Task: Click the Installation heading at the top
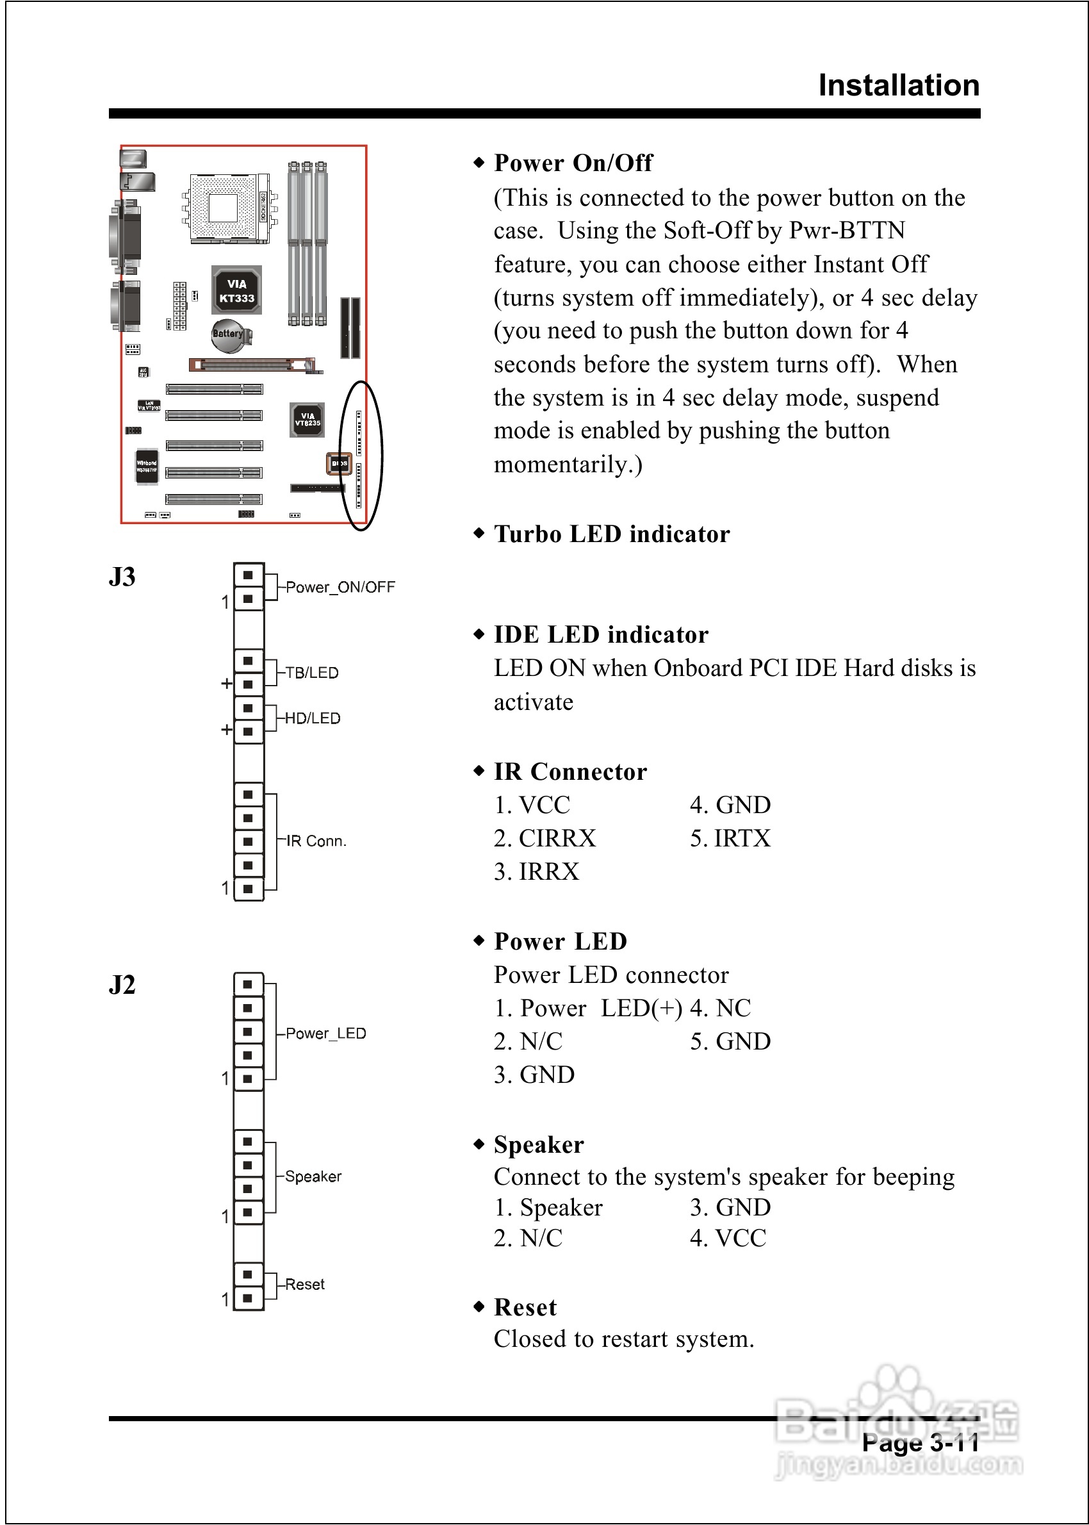point(899,85)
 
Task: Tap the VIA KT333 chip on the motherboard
point(237,290)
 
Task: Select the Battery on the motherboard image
point(229,334)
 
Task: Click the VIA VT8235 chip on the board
point(307,420)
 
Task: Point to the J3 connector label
point(122,577)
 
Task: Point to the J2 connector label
point(122,984)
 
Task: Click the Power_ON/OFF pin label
point(340,587)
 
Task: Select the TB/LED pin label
point(312,673)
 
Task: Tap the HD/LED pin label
point(313,718)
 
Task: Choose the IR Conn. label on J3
point(316,841)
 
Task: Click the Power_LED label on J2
point(326,1033)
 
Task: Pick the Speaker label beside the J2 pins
point(313,1176)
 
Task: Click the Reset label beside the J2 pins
point(304,1284)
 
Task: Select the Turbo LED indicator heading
point(612,534)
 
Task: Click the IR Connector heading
point(570,771)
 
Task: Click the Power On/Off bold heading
point(573,162)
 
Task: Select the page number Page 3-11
point(920,1442)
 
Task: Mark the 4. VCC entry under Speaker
point(728,1238)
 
